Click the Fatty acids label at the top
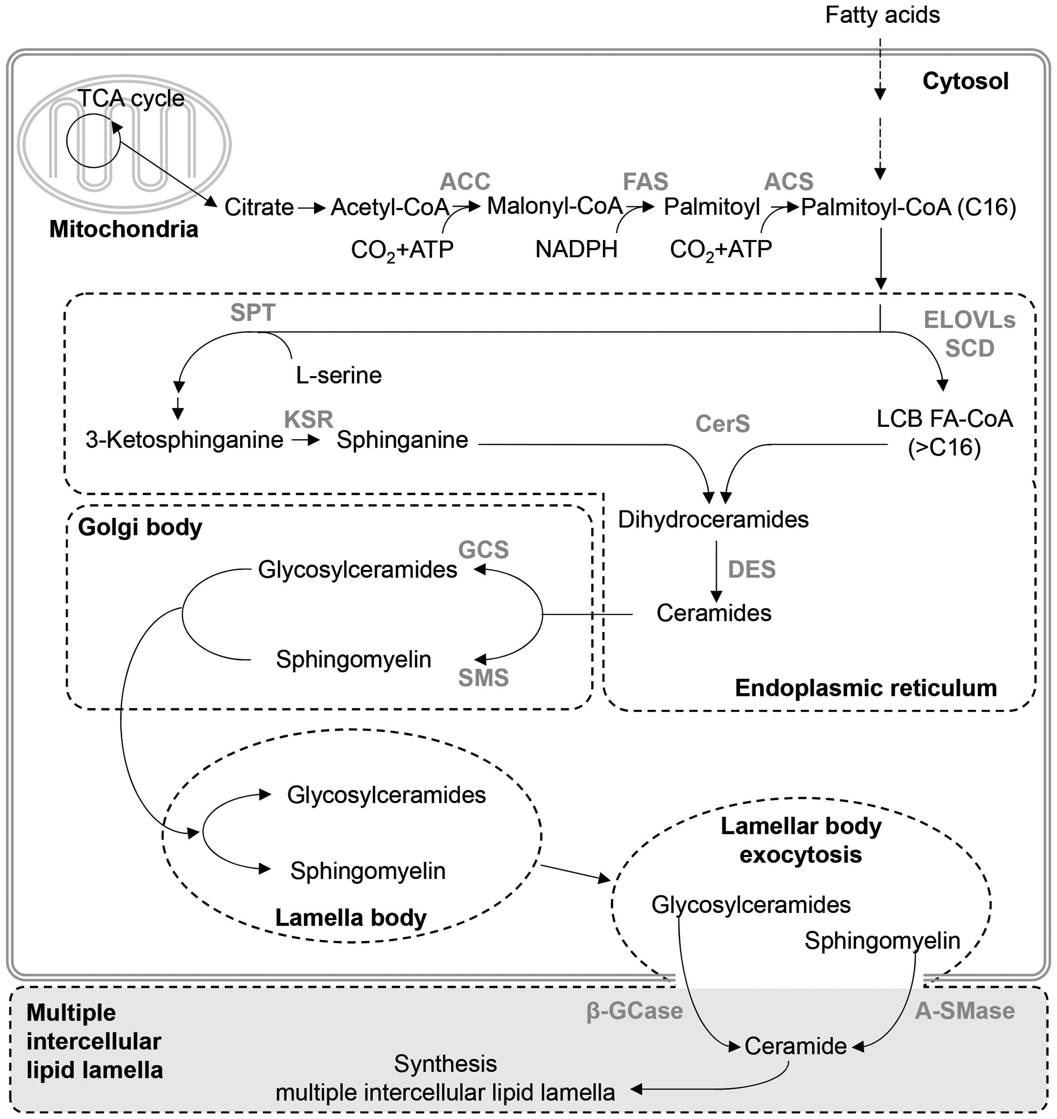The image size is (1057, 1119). click(882, 15)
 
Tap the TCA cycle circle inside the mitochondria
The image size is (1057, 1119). click(93, 141)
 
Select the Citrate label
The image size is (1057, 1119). click(259, 207)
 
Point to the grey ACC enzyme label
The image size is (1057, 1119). click(465, 181)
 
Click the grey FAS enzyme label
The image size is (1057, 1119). click(645, 181)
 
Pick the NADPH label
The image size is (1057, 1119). click(576, 249)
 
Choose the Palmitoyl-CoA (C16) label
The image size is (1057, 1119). click(908, 207)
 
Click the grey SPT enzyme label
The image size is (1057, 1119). click(253, 313)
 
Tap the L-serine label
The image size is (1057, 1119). click(339, 375)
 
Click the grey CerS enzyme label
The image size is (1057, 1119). click(722, 424)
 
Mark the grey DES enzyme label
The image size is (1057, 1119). click(752, 570)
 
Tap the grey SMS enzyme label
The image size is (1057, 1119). click(483, 678)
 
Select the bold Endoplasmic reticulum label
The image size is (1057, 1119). click(865, 688)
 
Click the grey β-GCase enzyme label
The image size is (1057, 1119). click(634, 1011)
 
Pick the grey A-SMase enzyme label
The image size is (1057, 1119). click(965, 1011)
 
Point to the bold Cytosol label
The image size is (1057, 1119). click(965, 81)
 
